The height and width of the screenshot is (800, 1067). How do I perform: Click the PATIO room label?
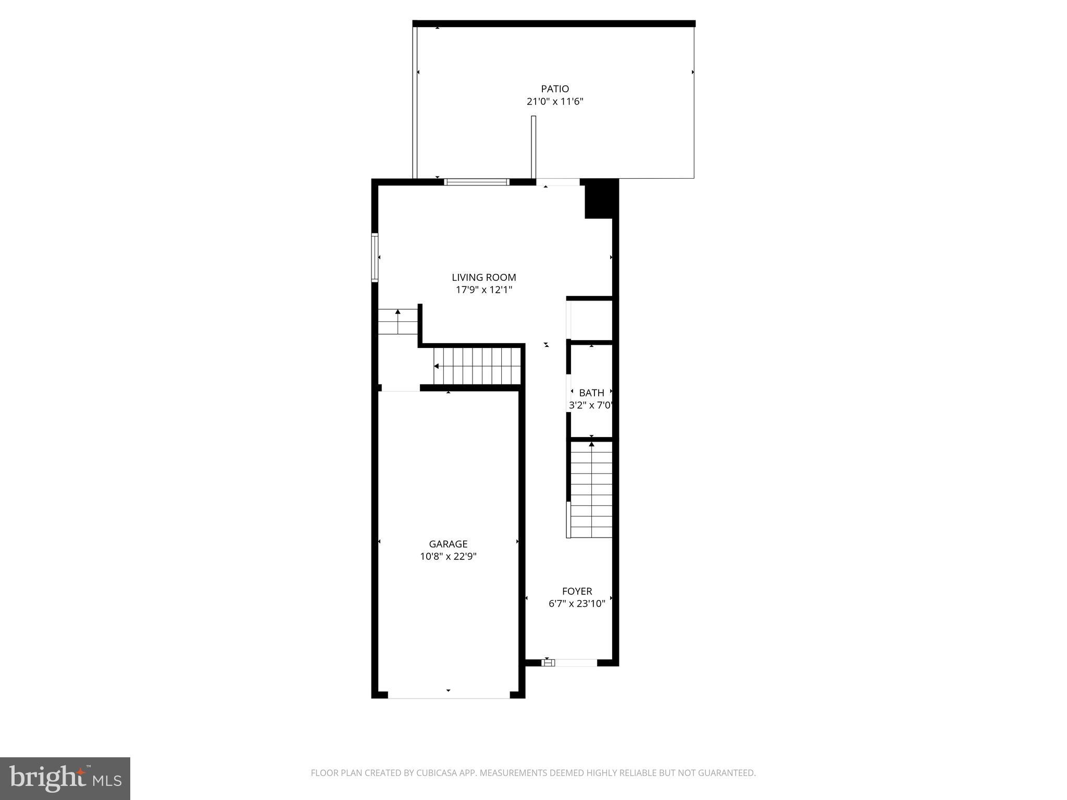point(555,89)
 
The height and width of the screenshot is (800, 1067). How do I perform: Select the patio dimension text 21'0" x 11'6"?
point(555,102)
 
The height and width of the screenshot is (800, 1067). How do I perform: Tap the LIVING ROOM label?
point(483,278)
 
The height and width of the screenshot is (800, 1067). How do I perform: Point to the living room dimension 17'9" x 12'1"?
point(483,290)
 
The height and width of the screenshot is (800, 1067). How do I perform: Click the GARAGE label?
point(448,544)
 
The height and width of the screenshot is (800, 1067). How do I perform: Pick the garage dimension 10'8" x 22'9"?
point(448,557)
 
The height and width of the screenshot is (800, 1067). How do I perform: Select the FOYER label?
point(577,592)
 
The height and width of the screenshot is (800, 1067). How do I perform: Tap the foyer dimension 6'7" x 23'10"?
point(577,604)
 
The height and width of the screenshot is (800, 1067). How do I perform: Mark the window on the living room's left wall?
point(375,258)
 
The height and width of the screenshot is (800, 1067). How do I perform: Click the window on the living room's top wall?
point(476,182)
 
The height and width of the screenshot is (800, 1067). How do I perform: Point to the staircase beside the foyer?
point(591,490)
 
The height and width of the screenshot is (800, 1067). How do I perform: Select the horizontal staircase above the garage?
point(477,366)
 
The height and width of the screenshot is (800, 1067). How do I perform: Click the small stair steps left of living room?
point(398,321)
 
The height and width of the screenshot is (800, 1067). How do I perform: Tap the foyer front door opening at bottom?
point(571,663)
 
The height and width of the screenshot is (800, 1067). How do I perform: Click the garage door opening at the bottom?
point(449,695)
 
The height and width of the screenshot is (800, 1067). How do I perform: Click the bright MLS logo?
point(65,779)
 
